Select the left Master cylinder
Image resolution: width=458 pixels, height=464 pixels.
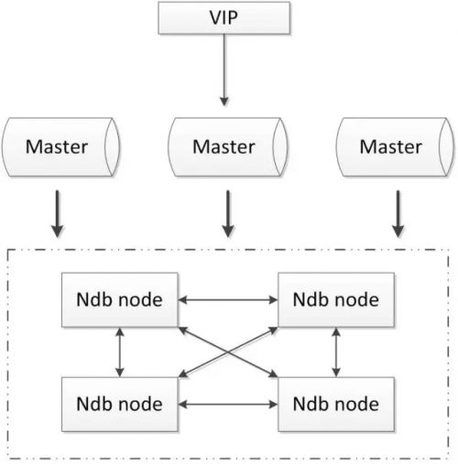point(60,146)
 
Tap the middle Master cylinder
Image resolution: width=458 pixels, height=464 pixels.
point(224,146)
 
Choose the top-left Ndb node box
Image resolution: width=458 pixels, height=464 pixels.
point(119,299)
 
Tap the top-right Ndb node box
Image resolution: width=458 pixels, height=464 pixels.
point(337,299)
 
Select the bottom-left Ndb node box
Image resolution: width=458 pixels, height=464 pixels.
point(119,402)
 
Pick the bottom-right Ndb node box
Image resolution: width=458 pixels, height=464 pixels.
point(337,402)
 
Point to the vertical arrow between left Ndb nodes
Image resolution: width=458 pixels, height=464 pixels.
point(120,351)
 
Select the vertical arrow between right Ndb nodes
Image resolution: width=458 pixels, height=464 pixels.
point(337,351)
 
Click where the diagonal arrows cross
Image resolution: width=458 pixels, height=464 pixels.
point(228,351)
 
